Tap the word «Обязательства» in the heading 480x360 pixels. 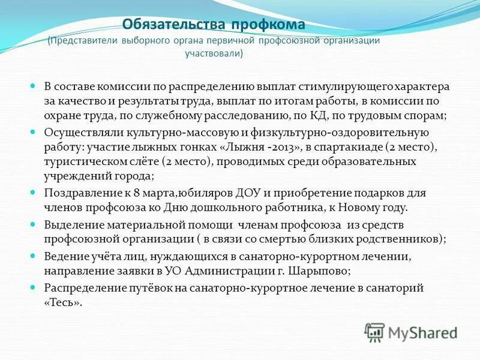pos(174,25)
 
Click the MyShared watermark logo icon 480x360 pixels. pos(374,332)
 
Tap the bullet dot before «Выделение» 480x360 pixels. pos(34,224)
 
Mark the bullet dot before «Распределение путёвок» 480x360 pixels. pos(34,287)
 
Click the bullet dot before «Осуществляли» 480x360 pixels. pos(34,131)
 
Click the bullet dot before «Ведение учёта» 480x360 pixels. pos(34,256)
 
